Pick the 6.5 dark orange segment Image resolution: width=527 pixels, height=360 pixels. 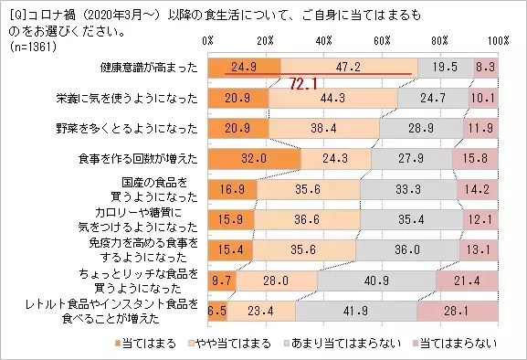(x=217, y=310)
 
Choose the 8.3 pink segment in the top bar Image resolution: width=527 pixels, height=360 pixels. (x=486, y=67)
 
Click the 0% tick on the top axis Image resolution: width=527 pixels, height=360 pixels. (x=208, y=42)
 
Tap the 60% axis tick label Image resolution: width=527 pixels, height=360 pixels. (x=382, y=42)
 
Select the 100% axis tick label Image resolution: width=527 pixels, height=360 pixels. (x=498, y=42)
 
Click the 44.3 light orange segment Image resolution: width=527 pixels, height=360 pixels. (x=333, y=97)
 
